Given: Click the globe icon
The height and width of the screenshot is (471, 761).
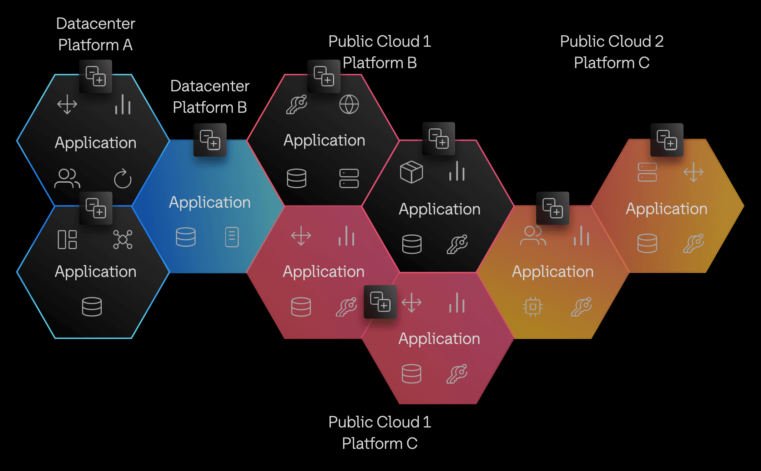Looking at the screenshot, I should [x=349, y=104].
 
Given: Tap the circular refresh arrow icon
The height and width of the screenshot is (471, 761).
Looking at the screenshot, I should [x=123, y=178].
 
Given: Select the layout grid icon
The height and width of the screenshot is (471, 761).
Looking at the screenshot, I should [x=67, y=239].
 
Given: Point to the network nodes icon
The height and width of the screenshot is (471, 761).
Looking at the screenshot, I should [x=122, y=239].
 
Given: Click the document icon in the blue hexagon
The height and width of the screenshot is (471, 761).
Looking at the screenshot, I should [x=232, y=237].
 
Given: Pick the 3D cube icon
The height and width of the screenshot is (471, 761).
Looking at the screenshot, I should [x=411, y=172].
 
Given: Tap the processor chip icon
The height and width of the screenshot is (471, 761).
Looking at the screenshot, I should [x=533, y=307].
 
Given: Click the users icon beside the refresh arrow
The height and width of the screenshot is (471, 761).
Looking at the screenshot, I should [x=67, y=178].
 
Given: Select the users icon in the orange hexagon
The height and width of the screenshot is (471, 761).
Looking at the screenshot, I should [x=533, y=236].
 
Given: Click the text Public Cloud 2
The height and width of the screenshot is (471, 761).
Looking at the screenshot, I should [x=611, y=41].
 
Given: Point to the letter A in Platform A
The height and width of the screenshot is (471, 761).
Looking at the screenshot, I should [x=127, y=45].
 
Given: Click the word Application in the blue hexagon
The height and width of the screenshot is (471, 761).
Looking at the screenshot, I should [x=210, y=202].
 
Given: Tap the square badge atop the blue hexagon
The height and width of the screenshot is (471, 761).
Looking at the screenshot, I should [x=210, y=140].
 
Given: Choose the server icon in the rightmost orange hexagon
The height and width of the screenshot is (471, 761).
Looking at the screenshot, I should [x=647, y=172].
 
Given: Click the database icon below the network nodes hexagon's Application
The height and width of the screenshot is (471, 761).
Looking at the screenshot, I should [x=92, y=307].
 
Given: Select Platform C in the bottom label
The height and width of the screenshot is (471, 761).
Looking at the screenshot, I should [x=379, y=444].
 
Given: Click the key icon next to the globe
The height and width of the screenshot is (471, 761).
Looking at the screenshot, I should [x=297, y=104].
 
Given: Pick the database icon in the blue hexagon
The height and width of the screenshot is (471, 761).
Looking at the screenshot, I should [x=186, y=237].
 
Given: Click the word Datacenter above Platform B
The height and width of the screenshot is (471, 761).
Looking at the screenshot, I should [x=210, y=86].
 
